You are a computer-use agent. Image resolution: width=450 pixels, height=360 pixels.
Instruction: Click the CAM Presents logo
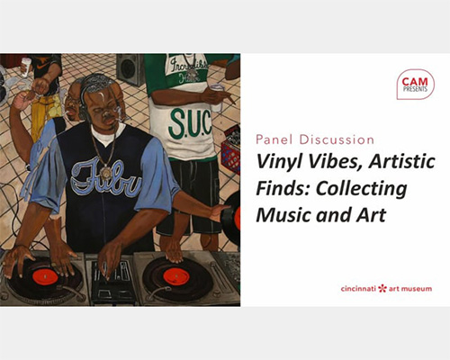point(415,85)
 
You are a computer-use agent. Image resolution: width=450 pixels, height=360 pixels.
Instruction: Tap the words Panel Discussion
point(315,139)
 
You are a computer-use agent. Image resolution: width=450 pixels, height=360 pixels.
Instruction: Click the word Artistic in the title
point(402,161)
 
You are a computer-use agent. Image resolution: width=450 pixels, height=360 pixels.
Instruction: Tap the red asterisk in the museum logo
point(382,289)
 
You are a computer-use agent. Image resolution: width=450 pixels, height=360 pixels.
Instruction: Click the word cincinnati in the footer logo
point(358,289)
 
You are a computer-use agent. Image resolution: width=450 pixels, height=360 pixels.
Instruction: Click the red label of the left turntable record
point(45,277)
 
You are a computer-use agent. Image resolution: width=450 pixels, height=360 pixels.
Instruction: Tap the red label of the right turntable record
point(176,276)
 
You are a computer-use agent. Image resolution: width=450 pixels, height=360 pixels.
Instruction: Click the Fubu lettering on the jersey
point(105,179)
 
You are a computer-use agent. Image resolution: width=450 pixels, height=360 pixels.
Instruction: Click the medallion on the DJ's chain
point(106,173)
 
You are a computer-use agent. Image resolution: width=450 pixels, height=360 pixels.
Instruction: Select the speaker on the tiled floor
point(130,68)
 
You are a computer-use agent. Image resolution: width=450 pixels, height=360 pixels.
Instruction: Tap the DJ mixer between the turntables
point(111,279)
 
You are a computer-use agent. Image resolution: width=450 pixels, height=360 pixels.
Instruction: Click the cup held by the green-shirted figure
point(217,97)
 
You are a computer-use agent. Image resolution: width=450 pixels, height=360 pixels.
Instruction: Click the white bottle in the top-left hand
point(26,67)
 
